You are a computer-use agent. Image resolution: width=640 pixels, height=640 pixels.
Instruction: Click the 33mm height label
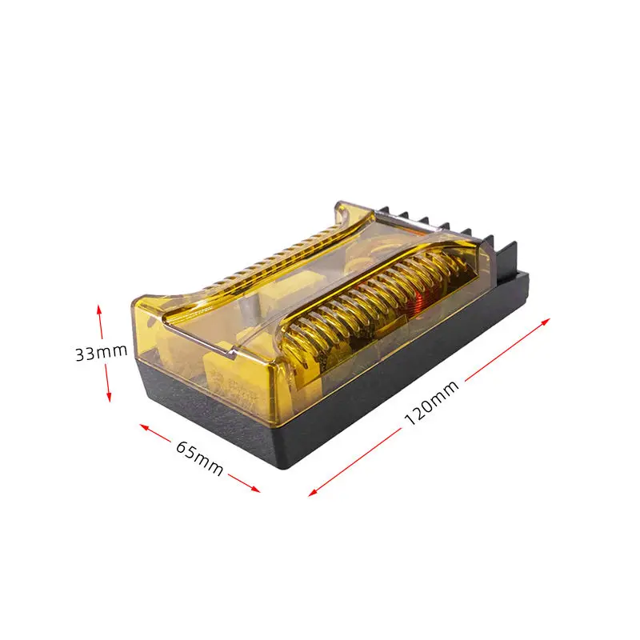coord(101,353)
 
